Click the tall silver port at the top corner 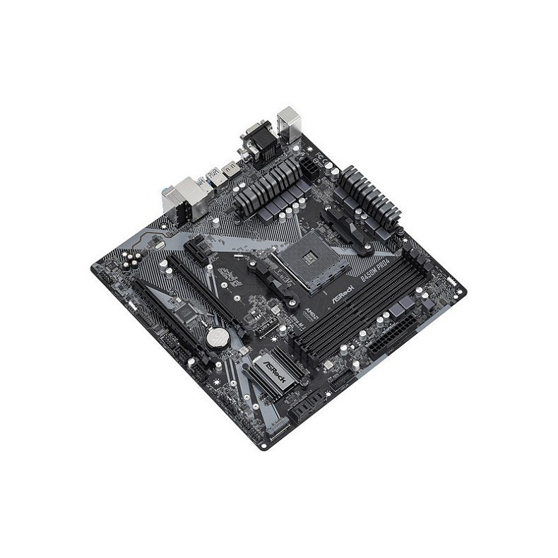289,123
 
